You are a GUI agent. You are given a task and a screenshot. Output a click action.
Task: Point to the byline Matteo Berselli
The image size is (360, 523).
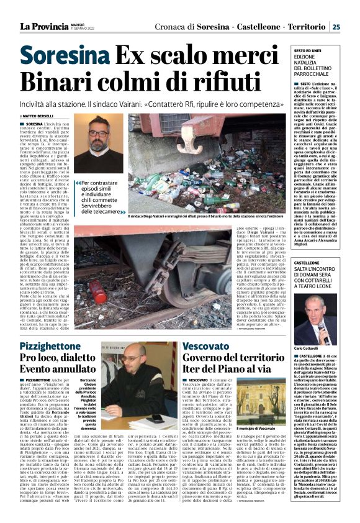click(37, 116)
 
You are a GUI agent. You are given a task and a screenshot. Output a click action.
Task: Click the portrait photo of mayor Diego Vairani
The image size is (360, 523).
click(98, 143)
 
